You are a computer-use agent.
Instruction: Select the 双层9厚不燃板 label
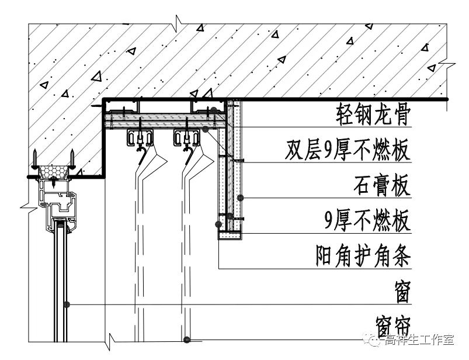pos(348,150)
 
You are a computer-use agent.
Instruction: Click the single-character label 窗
pos(401,291)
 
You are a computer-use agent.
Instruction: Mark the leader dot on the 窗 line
pos(68,304)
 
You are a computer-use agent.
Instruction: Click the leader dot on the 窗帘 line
pos(186,339)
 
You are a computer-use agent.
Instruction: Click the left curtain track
pos(140,138)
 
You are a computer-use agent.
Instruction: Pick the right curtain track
pos(187,138)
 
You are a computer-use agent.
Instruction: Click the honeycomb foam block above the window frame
pos(53,170)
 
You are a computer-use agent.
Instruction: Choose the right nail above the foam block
pos(71,158)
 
